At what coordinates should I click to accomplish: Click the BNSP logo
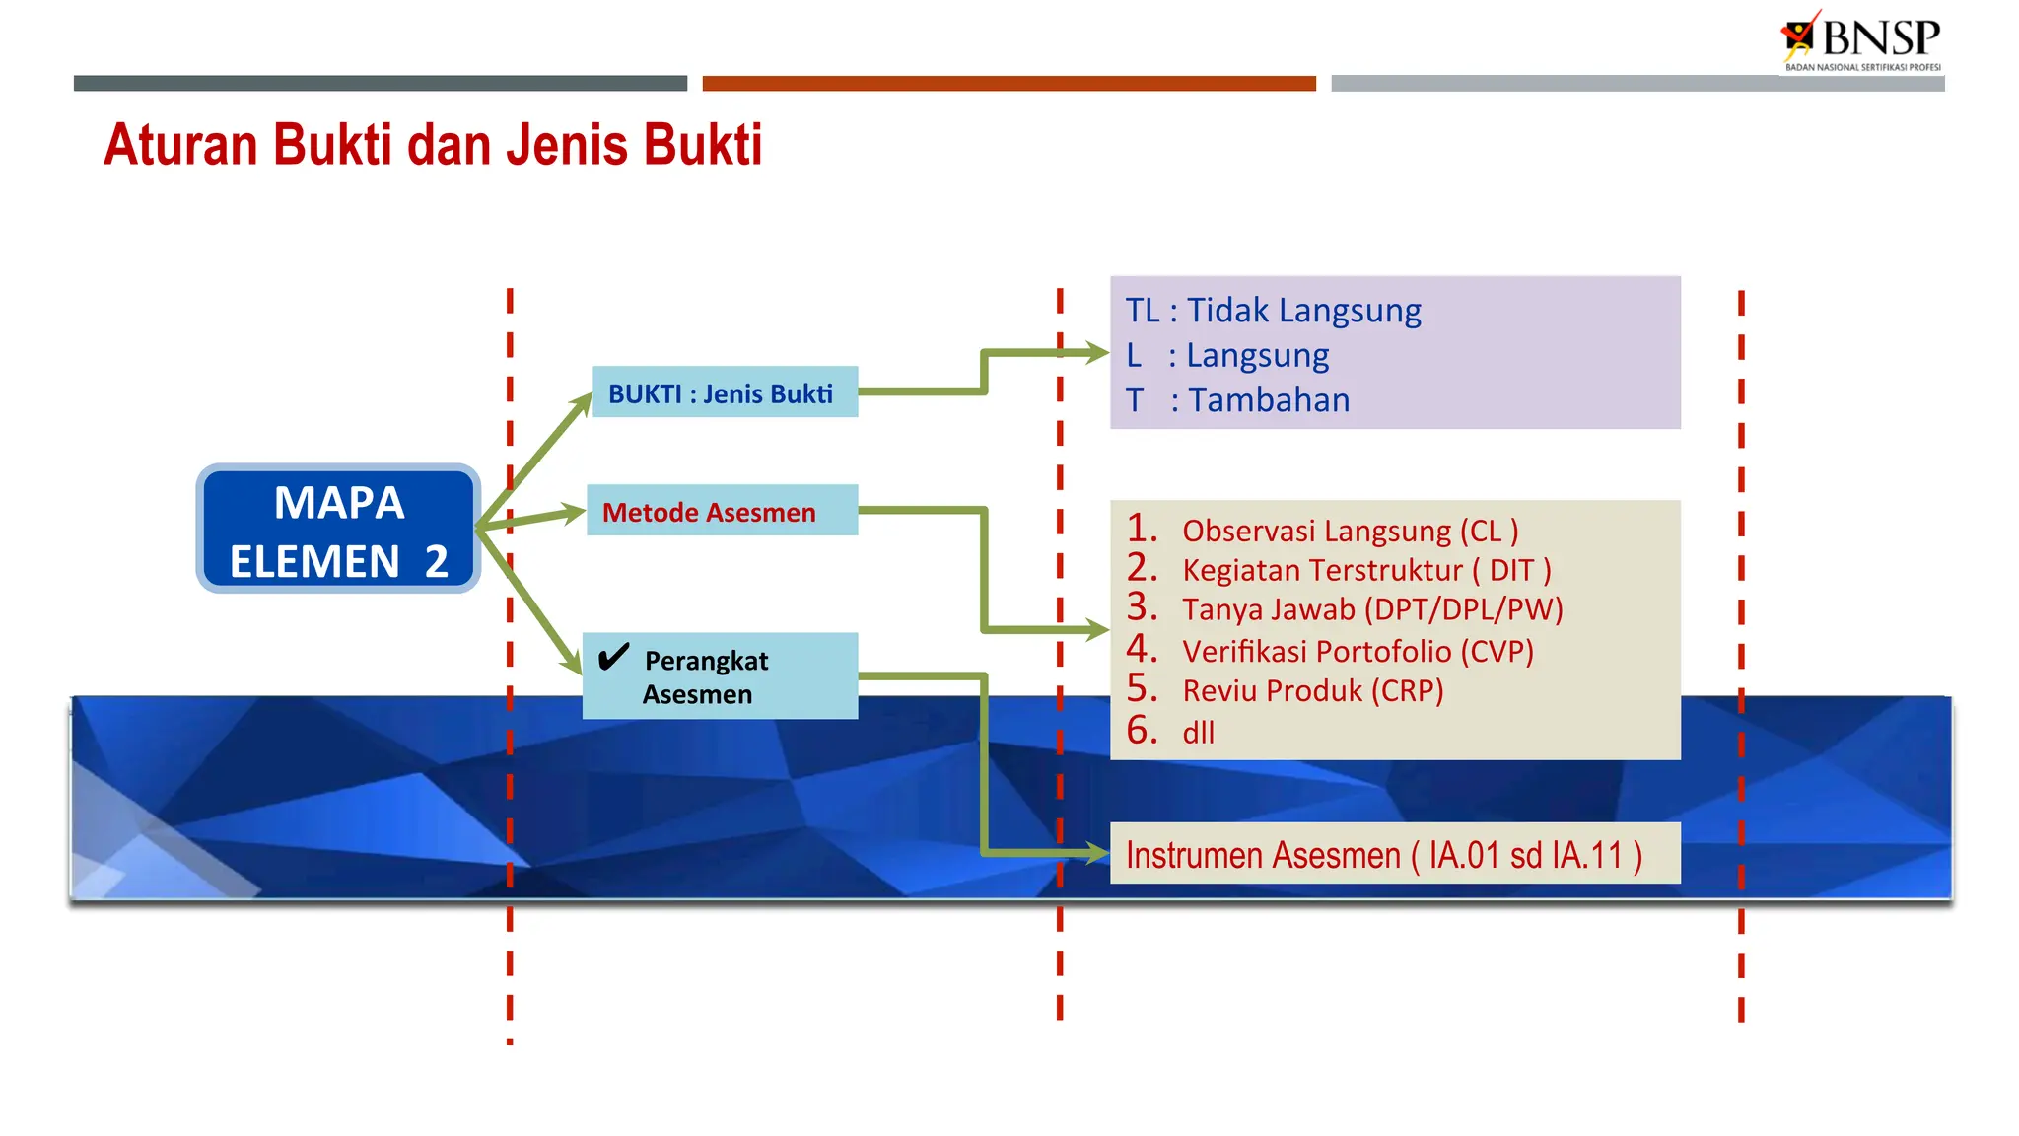(x=1861, y=40)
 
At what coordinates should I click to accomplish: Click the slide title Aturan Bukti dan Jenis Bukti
(x=432, y=145)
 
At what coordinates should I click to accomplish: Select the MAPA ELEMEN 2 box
(x=338, y=530)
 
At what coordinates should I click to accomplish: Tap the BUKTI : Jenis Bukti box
(x=724, y=392)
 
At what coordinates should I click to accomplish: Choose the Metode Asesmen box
(x=721, y=511)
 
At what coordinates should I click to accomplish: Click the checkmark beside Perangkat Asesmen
(x=613, y=657)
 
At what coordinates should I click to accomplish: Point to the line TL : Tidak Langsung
(x=1273, y=311)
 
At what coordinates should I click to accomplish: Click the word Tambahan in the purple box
(x=1269, y=400)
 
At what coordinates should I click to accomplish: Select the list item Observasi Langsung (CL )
(x=1349, y=532)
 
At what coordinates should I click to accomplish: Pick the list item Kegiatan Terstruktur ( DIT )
(x=1365, y=571)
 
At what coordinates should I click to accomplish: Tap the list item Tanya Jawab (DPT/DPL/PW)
(x=1371, y=610)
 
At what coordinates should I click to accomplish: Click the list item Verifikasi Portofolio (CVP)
(x=1357, y=652)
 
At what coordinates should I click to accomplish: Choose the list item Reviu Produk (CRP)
(x=1312, y=691)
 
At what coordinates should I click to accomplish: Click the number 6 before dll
(x=1141, y=731)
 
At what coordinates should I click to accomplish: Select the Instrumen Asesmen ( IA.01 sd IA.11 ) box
(x=1394, y=854)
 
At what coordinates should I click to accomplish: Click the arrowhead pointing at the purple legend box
(x=1096, y=353)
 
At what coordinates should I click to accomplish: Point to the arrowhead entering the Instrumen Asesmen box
(x=1096, y=853)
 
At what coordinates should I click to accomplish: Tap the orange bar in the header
(x=1009, y=84)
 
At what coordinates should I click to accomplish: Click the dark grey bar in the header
(x=380, y=84)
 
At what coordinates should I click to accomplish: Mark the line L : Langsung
(x=1227, y=356)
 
